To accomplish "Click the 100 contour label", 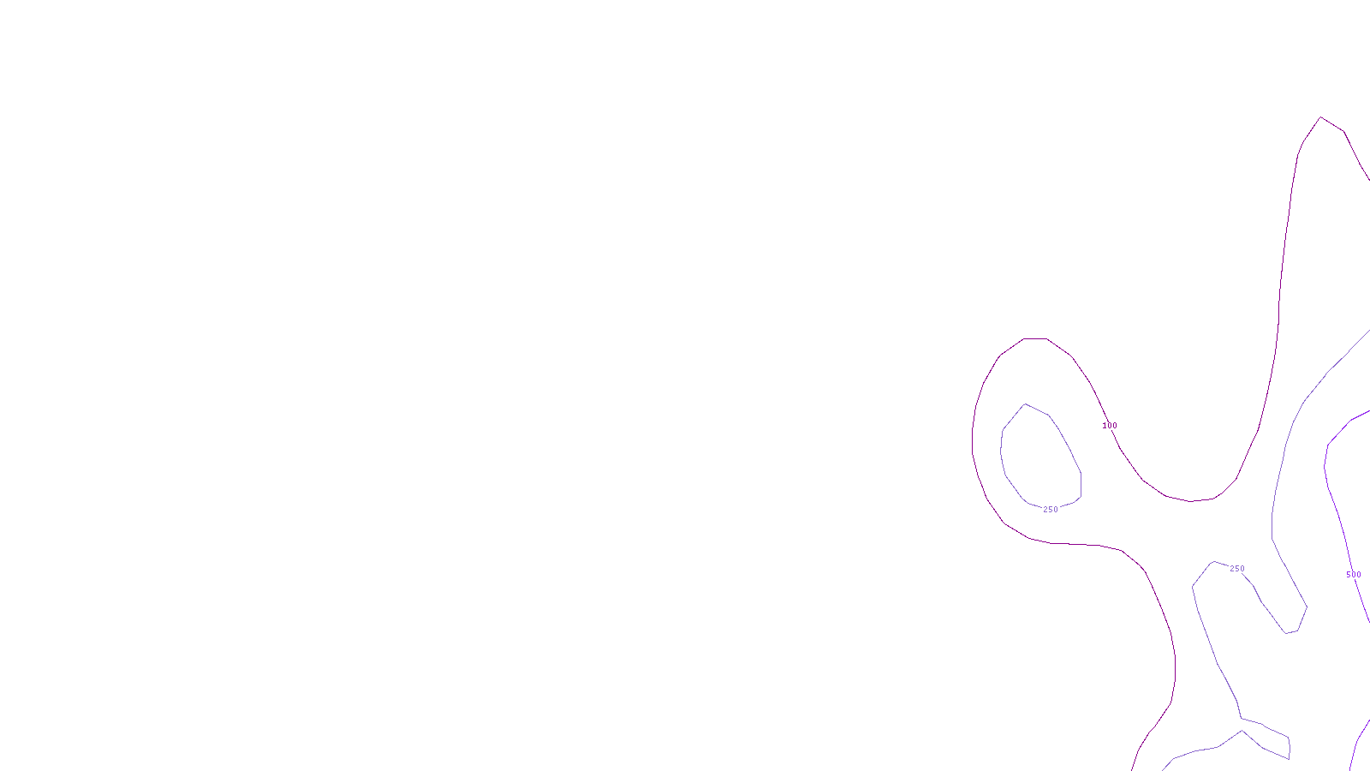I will tap(1110, 426).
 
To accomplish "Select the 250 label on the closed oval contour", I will tap(1051, 510).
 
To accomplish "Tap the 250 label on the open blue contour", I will tap(1237, 569).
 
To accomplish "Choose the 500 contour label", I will tap(1354, 575).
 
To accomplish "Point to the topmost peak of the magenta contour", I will tap(1321, 117).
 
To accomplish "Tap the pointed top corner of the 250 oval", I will tap(1025, 404).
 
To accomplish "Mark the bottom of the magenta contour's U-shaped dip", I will tap(1190, 501).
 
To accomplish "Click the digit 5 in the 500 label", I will tap(1349, 575).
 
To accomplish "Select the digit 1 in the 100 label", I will tap(1105, 426).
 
